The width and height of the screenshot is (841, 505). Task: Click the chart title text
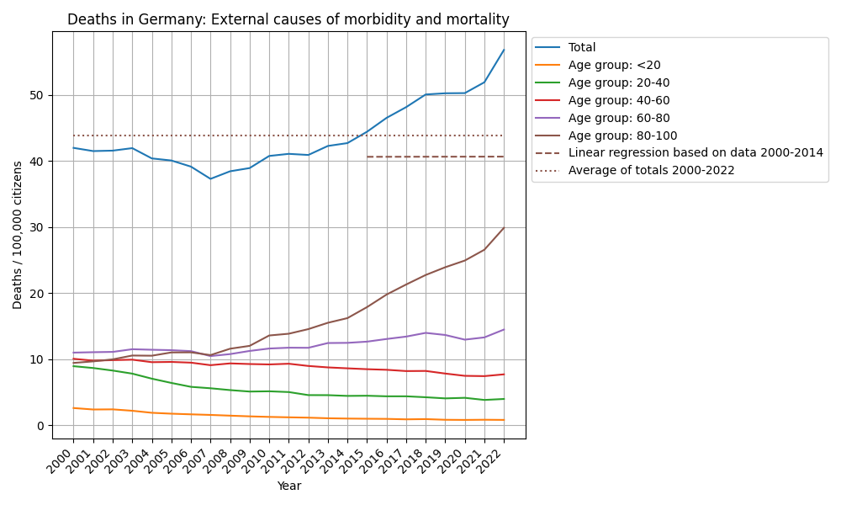pyautogui.click(x=288, y=19)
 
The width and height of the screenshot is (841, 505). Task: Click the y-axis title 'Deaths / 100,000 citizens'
pyautogui.click(x=18, y=235)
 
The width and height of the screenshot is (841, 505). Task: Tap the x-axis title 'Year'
pyautogui.click(x=288, y=486)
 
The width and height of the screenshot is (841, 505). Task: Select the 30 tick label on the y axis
pyautogui.click(x=38, y=227)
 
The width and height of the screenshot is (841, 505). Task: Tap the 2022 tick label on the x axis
pyautogui.click(x=495, y=458)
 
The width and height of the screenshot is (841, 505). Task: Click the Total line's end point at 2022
pyautogui.click(x=504, y=50)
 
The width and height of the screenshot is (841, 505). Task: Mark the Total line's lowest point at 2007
pyautogui.click(x=210, y=178)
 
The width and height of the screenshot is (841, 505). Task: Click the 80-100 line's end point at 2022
pyautogui.click(x=504, y=227)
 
